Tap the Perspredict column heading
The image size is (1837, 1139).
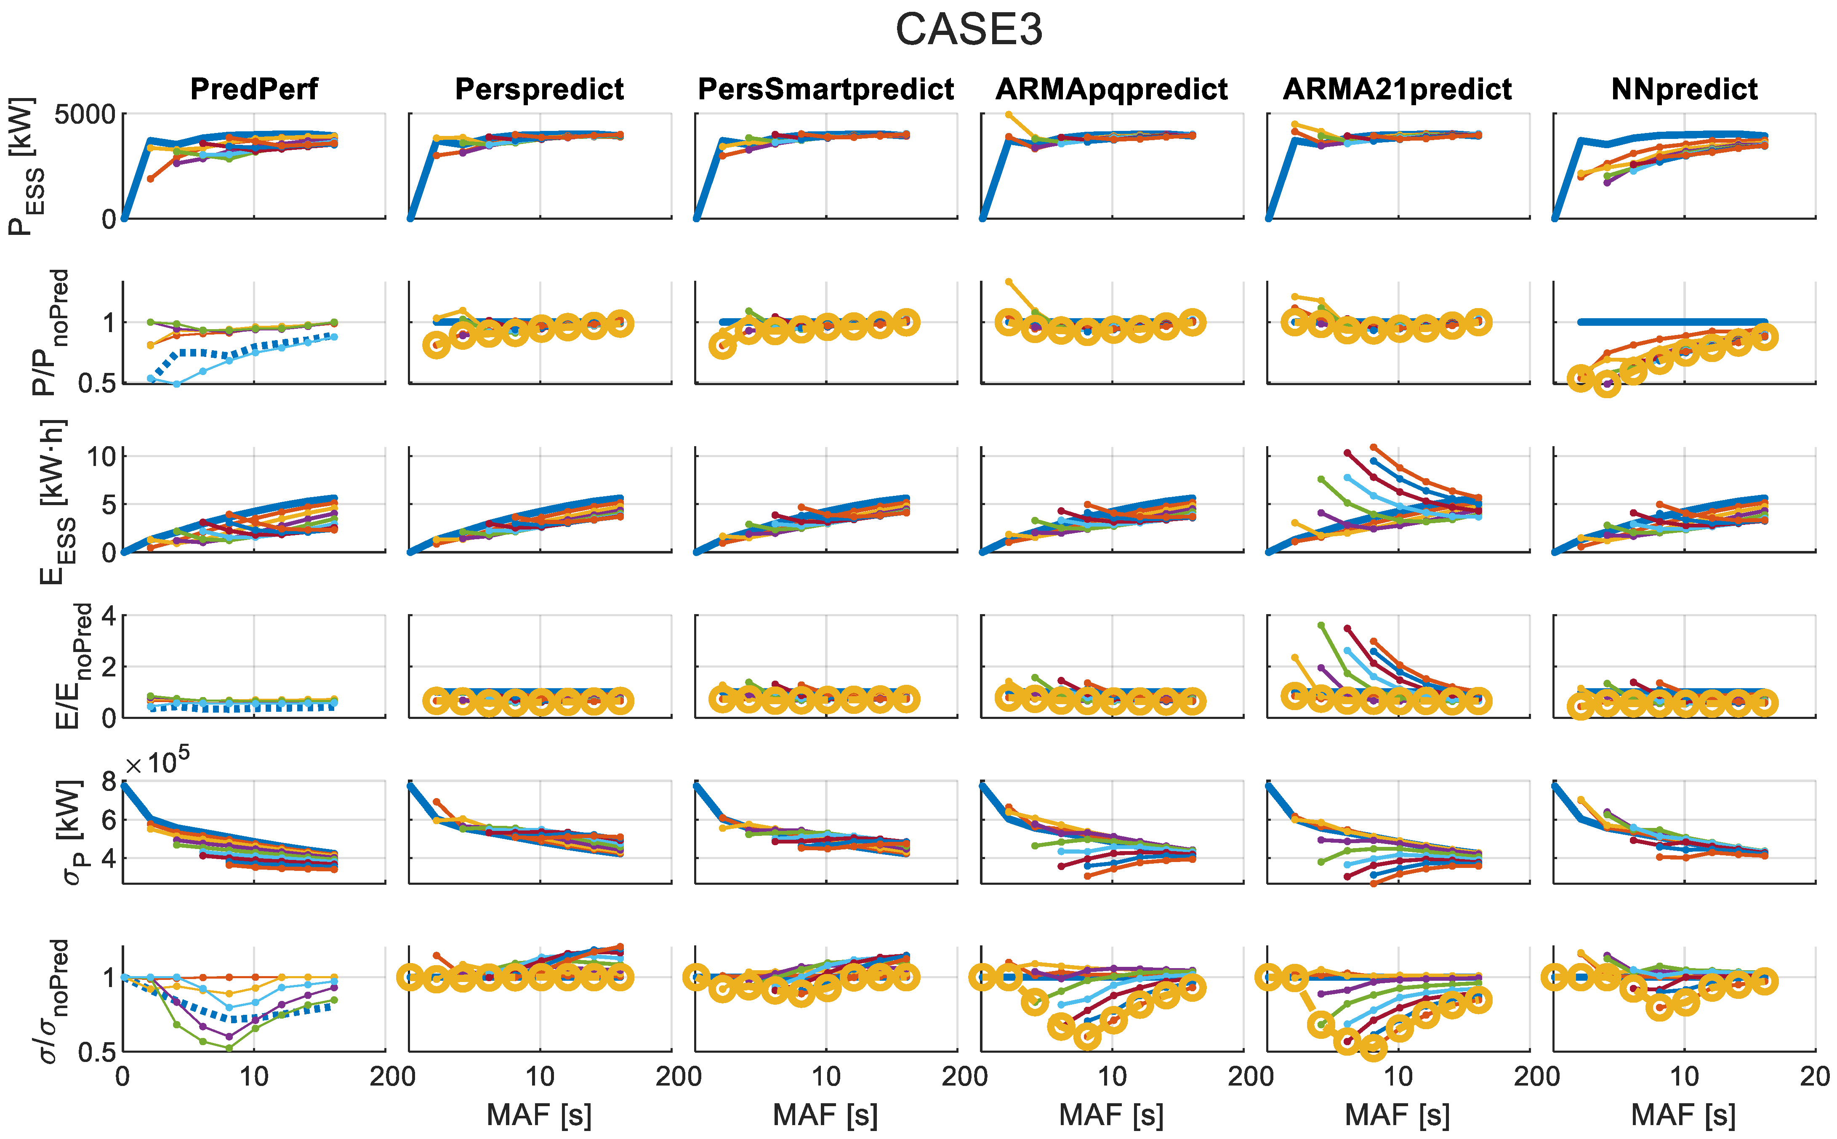click(x=539, y=89)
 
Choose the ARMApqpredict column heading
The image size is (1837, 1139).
click(x=1112, y=89)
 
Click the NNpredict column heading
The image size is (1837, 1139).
click(x=1684, y=89)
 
